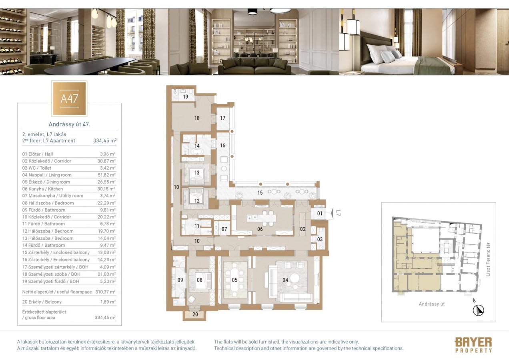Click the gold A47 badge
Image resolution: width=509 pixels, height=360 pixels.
[69, 98]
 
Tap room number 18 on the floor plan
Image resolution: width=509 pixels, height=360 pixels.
[197, 118]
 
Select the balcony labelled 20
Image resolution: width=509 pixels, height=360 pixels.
[195, 315]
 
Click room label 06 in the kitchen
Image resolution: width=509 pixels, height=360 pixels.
[260, 229]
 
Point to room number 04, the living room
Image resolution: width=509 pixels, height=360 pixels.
[285, 280]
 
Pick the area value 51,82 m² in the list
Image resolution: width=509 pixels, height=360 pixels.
[106, 175]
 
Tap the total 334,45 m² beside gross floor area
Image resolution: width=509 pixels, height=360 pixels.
[105, 318]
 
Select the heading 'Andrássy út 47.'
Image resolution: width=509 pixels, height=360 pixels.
[69, 124]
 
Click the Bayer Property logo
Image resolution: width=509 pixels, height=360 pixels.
[473, 345]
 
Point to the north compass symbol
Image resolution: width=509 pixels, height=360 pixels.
[478, 310]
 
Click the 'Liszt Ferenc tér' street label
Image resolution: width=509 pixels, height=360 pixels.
[488, 259]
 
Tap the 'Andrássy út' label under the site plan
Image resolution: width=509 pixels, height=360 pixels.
[432, 304]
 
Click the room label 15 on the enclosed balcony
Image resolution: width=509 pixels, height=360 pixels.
[260, 193]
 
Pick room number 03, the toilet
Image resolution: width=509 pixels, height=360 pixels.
[320, 239]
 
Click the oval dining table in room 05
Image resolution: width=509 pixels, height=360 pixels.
[235, 280]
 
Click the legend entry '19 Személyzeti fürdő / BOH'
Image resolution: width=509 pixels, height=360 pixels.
[51, 281]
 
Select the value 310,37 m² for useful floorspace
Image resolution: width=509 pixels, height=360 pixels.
[105, 292]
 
